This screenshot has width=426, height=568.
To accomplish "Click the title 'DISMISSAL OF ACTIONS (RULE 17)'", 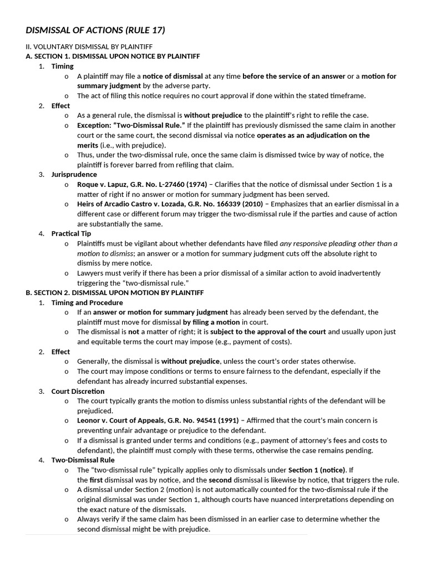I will tap(95, 30).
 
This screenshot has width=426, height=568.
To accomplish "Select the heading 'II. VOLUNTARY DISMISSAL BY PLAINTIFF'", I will tap(89, 47).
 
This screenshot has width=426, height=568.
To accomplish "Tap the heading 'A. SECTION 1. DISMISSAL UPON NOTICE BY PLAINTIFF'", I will tap(113, 56).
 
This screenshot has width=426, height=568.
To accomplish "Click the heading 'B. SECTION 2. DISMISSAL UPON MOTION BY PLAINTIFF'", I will tap(114, 292).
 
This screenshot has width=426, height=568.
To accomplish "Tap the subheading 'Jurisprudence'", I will tap(74, 174).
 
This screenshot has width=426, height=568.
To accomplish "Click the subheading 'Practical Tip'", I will tap(71, 234).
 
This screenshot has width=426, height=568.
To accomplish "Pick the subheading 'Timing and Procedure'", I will tap(87, 302).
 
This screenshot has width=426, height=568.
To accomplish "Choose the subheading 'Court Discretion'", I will tap(78, 391).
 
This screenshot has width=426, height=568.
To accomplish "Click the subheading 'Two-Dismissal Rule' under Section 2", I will tap(83, 460).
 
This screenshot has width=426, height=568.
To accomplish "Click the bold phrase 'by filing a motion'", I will tap(211, 322).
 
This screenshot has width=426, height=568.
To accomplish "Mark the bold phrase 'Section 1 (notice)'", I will tap(317, 470).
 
